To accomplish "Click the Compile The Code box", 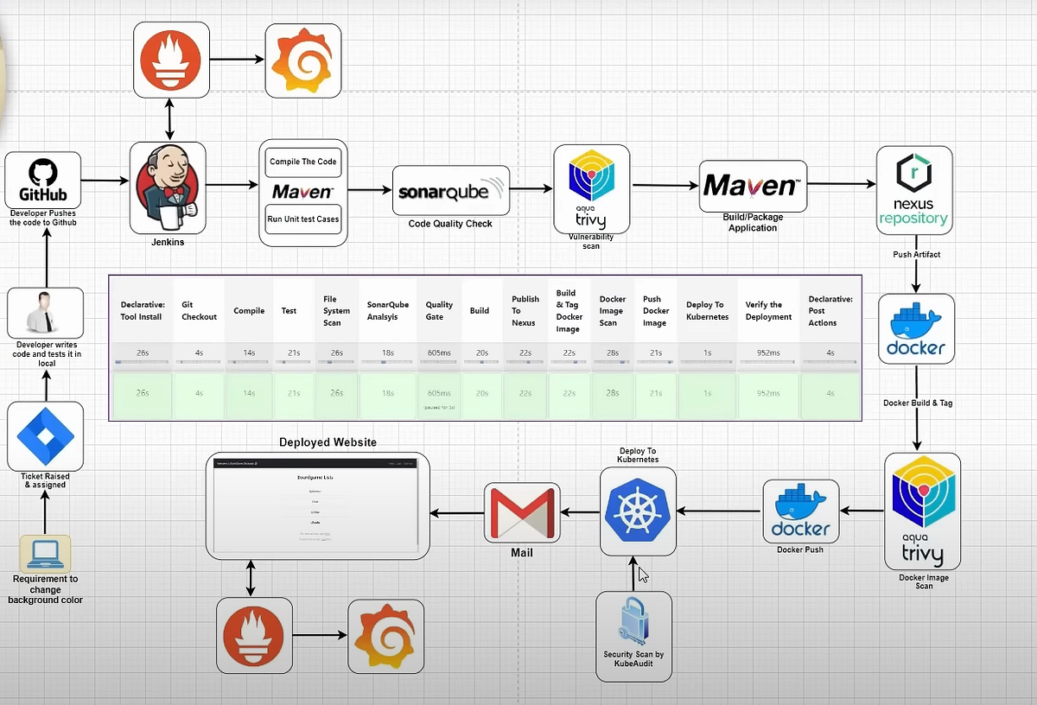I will (302, 162).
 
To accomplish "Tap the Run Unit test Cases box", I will (302, 219).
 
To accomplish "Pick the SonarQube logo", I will (451, 191).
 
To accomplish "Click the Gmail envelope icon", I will (522, 513).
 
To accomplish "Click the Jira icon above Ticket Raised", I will (45, 436).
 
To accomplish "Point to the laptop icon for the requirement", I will (45, 553).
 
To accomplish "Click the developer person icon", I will (45, 314).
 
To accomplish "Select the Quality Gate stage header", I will (439, 311).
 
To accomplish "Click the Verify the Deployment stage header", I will (768, 311).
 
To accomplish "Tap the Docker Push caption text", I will (800, 549).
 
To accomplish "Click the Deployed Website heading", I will (328, 442).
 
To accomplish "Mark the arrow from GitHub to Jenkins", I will (105, 181).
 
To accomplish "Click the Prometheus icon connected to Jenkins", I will (170, 60).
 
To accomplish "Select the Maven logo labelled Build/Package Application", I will (752, 186).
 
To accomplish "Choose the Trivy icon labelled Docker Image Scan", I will (922, 511).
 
